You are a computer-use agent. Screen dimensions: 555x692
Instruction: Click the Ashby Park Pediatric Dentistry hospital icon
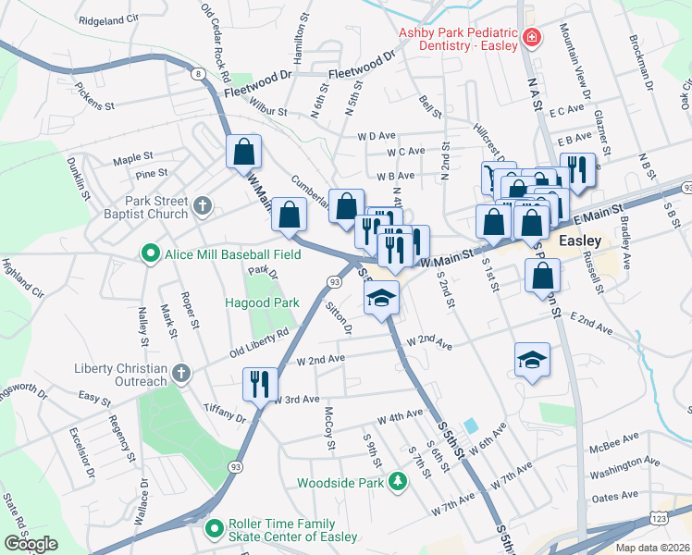coord(531,39)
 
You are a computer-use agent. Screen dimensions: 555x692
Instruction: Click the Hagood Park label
coord(263,302)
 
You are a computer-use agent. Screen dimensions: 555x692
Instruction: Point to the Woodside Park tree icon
coord(397,481)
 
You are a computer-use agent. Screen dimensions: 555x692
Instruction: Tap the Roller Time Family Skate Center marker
coord(215,529)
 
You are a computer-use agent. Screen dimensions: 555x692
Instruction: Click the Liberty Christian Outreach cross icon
coord(181,374)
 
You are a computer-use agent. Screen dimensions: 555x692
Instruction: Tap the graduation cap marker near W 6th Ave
coord(532,361)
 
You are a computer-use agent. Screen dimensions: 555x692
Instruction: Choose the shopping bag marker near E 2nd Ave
coord(542,275)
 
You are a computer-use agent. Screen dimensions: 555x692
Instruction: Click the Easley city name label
coord(582,240)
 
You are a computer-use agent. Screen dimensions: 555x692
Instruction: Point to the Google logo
coord(31,544)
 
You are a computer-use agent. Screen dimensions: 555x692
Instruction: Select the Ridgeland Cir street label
coord(108,18)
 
